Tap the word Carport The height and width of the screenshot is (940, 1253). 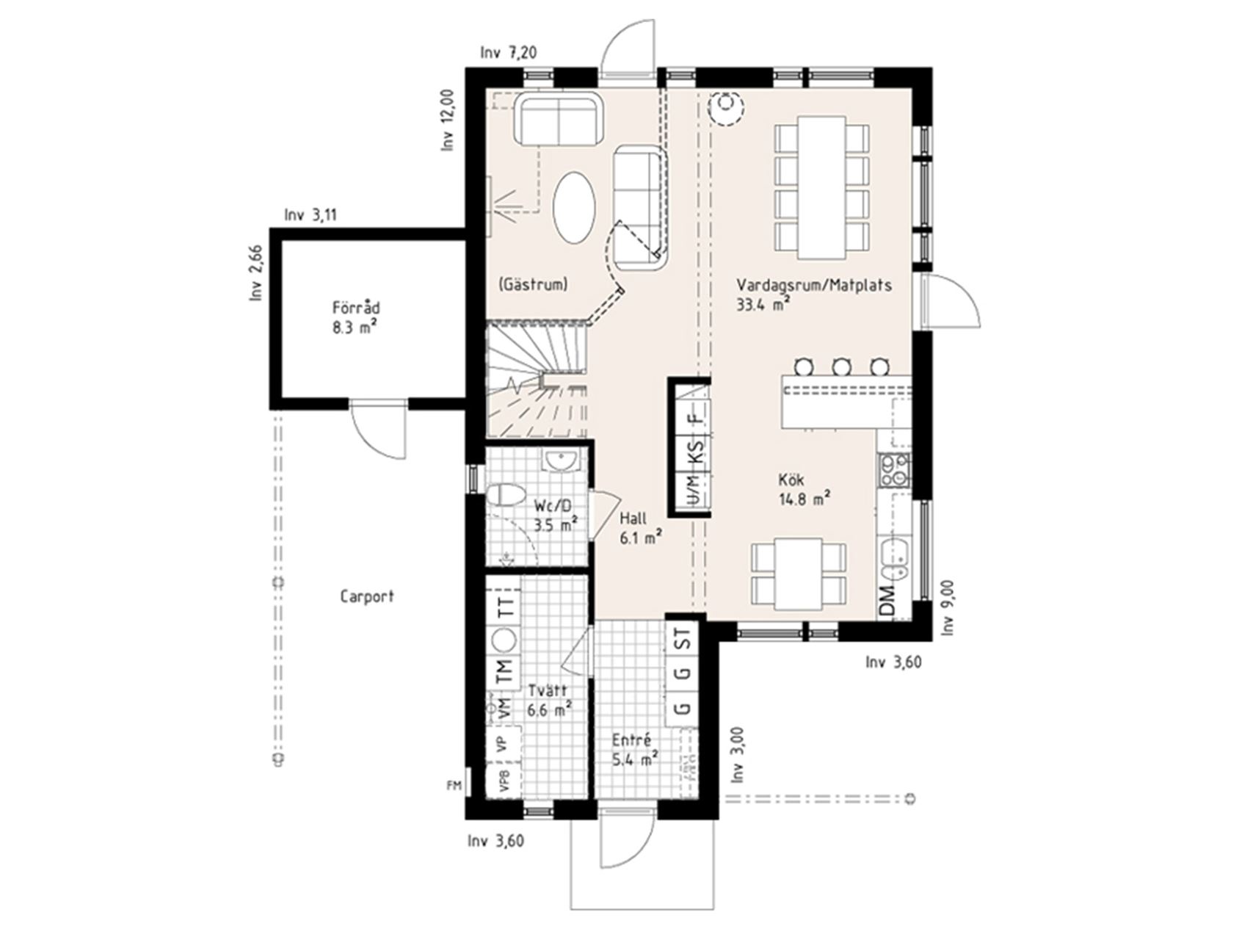click(367, 596)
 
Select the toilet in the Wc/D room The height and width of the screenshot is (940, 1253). click(506, 494)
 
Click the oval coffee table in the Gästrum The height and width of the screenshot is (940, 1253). click(574, 207)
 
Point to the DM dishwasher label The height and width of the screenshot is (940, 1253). click(887, 602)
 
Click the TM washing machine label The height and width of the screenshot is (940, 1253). click(504, 672)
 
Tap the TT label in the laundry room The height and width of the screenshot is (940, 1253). click(504, 607)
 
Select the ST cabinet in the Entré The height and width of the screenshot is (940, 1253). click(683, 639)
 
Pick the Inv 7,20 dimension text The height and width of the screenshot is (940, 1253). click(509, 53)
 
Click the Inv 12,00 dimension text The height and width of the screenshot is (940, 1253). click(448, 120)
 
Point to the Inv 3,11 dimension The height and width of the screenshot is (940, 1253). click(310, 216)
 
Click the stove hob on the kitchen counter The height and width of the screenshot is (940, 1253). click(895, 471)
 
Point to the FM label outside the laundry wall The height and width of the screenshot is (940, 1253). click(454, 786)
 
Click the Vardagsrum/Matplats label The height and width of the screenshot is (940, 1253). click(814, 285)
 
